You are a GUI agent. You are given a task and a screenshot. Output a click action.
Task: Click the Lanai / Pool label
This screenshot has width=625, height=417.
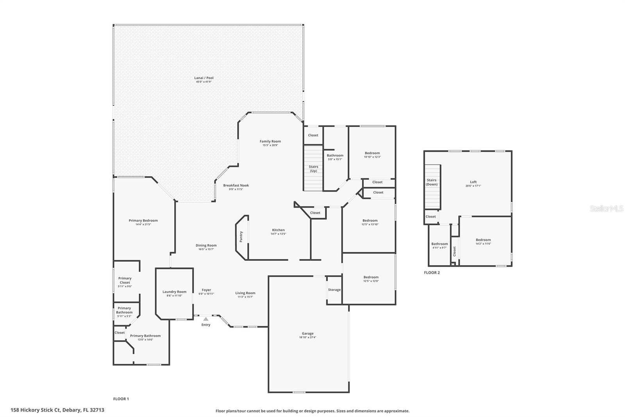coord(204,78)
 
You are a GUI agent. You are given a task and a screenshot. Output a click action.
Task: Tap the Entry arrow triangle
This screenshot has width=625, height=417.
coord(206,319)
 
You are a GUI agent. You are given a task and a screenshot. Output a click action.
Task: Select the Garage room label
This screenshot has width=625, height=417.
coord(307,334)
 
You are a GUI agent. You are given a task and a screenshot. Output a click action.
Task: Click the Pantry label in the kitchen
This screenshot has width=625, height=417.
coord(241,236)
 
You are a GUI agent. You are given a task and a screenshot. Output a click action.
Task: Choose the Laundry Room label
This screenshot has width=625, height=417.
coord(174,292)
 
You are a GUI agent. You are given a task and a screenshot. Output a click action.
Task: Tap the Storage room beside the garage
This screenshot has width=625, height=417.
coord(334,290)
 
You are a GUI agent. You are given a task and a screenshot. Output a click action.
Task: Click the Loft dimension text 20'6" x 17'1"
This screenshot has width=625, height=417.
coord(473,186)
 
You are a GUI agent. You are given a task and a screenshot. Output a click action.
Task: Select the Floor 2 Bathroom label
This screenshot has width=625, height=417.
coord(439,244)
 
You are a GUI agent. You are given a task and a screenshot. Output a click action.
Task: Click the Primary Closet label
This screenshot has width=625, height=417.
coord(125,280)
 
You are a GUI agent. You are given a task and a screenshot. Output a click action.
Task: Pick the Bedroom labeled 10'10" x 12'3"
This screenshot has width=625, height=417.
coord(372,153)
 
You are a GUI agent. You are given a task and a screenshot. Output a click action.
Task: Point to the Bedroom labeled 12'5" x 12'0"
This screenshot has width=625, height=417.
coord(371,277)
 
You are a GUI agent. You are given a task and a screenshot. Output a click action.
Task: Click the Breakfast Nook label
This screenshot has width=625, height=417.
coord(236,185)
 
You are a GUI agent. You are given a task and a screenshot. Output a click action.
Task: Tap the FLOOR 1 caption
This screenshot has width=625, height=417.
coord(121,399)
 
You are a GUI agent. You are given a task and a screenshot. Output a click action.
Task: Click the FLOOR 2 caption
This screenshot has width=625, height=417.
coord(432,273)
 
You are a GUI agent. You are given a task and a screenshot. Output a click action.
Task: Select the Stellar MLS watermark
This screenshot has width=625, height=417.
coord(606,209)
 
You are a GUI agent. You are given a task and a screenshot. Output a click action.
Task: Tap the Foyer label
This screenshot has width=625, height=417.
coord(206,290)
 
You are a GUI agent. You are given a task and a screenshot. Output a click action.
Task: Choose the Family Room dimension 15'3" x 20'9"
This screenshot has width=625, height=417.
coord(270,145)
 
